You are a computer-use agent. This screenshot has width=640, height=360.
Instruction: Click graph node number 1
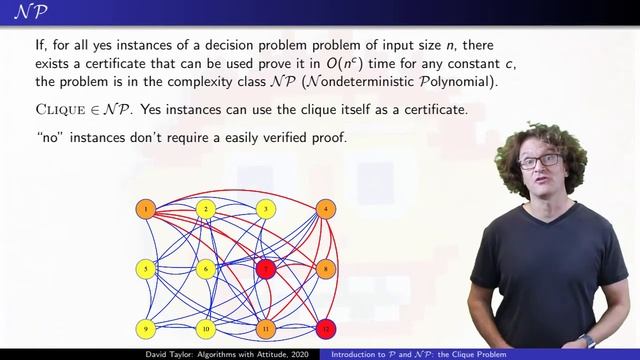pos(146,209)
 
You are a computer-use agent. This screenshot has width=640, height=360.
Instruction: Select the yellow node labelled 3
pos(265,209)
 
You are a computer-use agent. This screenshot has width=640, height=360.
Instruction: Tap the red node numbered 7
pos(265,268)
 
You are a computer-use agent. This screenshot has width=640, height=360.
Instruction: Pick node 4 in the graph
pos(325,209)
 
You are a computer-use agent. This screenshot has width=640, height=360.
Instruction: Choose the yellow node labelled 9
pos(146,328)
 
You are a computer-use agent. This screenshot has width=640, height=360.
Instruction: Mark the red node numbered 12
pos(325,328)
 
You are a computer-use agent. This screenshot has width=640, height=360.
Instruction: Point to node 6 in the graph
pos(206,268)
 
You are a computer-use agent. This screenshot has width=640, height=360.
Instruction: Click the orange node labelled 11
pos(265,328)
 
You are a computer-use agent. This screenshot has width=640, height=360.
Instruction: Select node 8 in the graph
pos(325,268)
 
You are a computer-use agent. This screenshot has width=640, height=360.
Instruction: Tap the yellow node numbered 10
pos(206,328)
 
